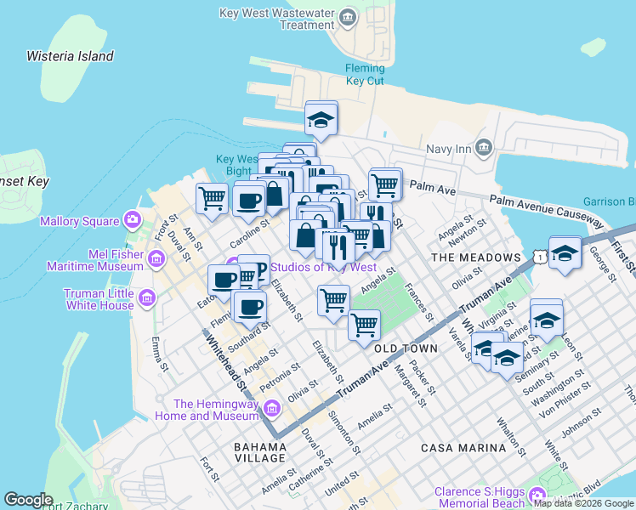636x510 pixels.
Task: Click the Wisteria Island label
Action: click(70, 56)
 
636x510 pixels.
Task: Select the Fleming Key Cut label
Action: click(365, 75)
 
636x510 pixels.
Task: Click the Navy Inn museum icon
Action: click(484, 148)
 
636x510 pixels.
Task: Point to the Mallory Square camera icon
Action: click(132, 221)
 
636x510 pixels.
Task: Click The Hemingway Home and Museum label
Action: click(215, 410)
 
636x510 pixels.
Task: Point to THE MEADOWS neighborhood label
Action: click(475, 257)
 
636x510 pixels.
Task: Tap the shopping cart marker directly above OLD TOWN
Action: click(364, 323)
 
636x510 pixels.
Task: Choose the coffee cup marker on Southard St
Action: click(248, 307)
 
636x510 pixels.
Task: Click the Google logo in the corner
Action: click(28, 500)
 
